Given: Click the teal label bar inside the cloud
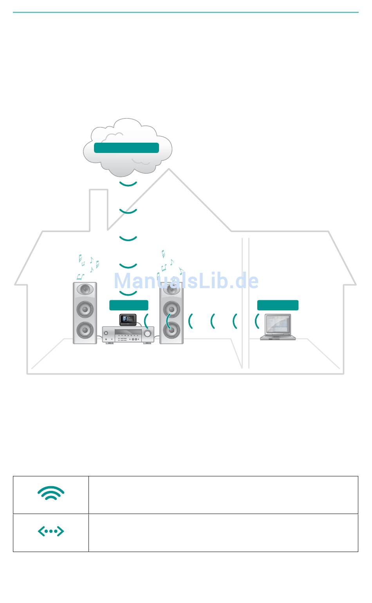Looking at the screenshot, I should [x=126, y=148].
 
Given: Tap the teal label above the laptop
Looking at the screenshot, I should [x=278, y=305].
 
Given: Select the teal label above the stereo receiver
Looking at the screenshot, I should [x=128, y=305].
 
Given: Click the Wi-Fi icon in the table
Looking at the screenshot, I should [x=51, y=494].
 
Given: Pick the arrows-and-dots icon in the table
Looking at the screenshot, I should [x=51, y=531].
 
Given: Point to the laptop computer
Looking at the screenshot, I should [x=278, y=327].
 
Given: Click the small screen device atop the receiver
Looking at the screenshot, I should [x=128, y=320].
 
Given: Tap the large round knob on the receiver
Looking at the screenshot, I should [x=148, y=334].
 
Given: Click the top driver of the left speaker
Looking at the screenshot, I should [x=85, y=290].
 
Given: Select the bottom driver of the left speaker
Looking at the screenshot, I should [x=85, y=330].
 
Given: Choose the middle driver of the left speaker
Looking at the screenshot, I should [x=85, y=309].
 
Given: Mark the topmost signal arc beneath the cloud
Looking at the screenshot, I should [x=128, y=184].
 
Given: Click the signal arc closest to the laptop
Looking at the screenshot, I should [x=257, y=321].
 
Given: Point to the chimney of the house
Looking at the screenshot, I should [x=99, y=210].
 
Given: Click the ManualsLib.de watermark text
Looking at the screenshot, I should [x=186, y=281].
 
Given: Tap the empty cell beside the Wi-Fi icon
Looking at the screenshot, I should [x=223, y=495].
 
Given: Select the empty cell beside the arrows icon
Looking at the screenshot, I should [x=223, y=532].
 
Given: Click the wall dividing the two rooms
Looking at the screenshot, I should [x=246, y=302].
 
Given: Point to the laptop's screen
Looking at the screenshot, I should [x=279, y=324].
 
